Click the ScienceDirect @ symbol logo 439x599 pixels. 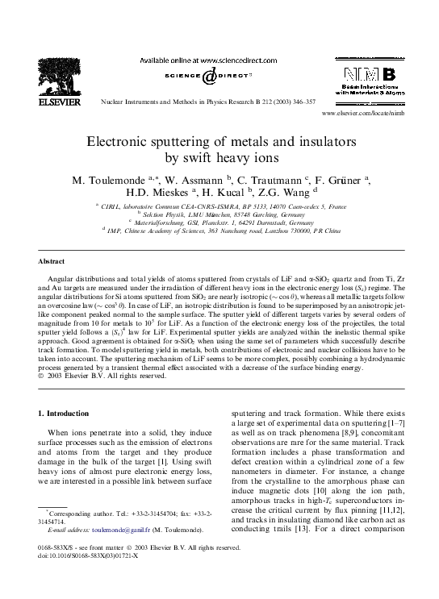point(210,76)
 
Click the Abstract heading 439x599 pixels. point(52,261)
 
